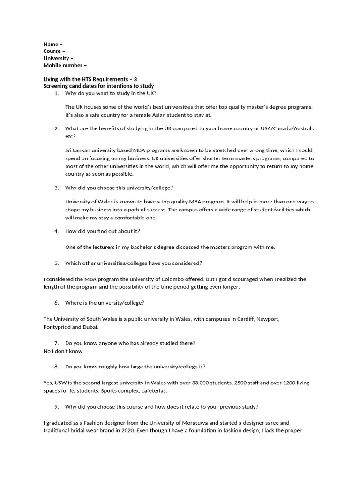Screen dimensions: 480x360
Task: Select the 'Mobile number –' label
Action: (x=65, y=65)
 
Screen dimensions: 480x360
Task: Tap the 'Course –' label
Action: (x=54, y=52)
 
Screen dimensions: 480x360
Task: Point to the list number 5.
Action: (x=56, y=263)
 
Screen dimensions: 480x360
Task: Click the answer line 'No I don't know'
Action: (x=63, y=351)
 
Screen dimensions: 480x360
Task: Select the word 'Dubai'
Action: (x=91, y=327)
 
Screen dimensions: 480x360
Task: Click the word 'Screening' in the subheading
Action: (x=57, y=86)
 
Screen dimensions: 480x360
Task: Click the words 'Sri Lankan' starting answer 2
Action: (x=78, y=150)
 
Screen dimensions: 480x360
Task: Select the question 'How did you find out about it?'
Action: (x=102, y=231)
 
